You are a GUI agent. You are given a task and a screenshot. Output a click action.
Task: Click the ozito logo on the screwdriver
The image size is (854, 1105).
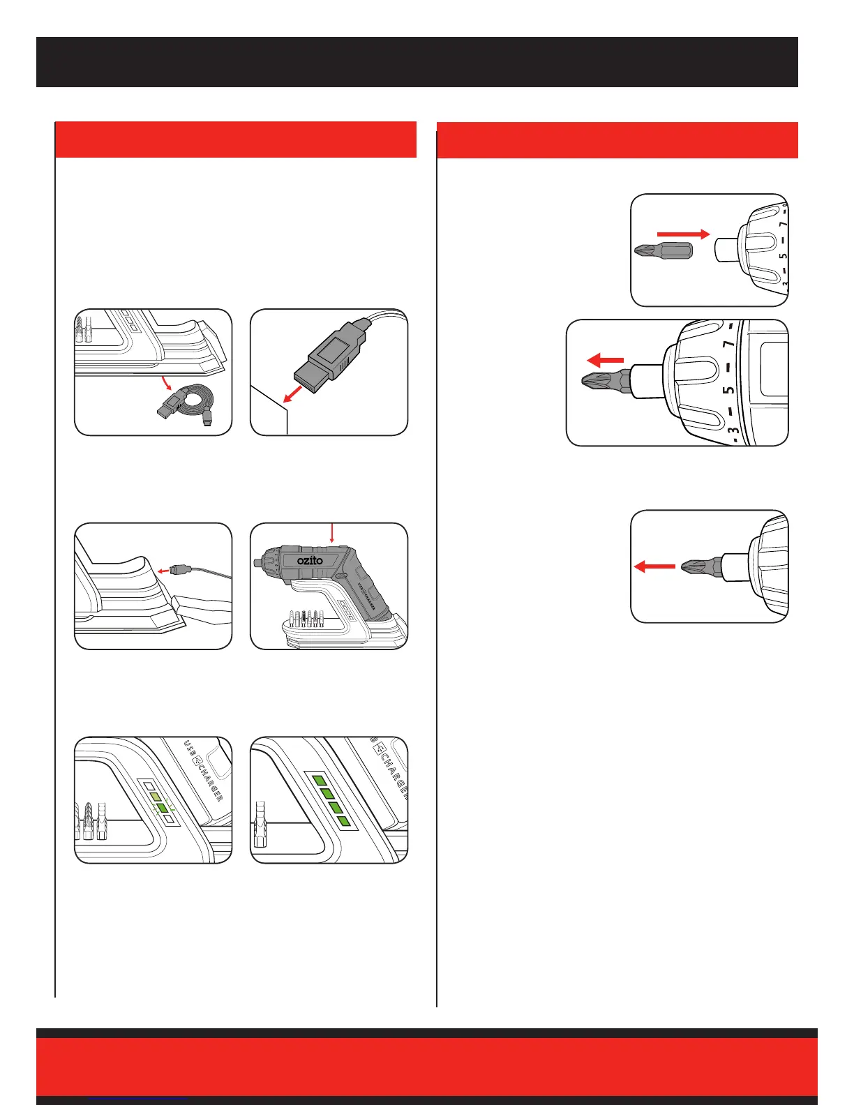(x=310, y=560)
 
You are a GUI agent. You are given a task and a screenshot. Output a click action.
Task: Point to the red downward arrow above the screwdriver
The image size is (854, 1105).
(x=333, y=533)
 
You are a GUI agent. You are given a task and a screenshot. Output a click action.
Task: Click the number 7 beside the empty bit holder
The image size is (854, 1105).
(x=783, y=225)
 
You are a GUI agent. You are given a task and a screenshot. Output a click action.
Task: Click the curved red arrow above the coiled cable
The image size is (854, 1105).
(x=166, y=383)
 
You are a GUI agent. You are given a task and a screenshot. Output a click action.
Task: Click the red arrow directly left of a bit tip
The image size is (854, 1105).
(x=654, y=566)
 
